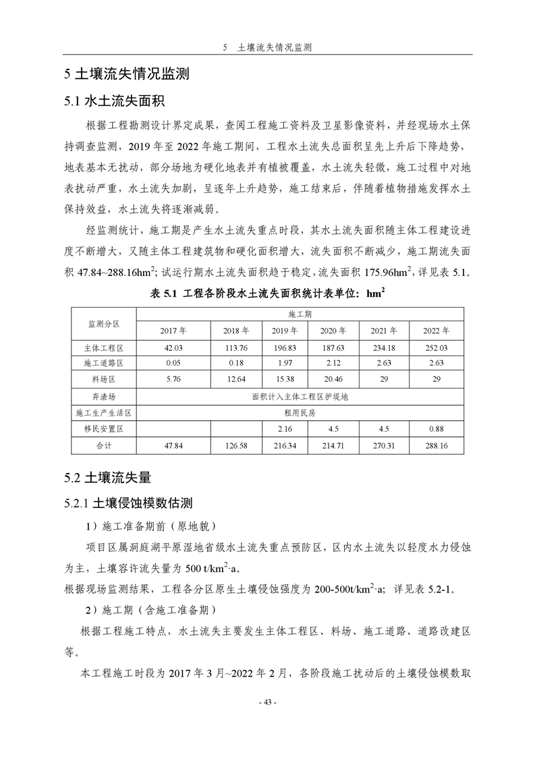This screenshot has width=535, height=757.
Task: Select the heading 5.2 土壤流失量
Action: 107,478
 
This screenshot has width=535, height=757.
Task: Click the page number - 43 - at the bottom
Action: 267,702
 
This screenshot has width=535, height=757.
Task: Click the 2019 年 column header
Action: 285,331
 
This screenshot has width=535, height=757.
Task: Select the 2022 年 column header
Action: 435,331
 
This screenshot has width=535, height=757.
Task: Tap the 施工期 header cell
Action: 300,314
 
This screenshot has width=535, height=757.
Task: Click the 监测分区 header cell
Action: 104,323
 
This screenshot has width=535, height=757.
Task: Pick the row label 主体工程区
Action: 104,347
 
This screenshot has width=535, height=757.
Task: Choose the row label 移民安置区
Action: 104,429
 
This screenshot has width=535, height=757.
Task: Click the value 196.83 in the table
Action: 285,347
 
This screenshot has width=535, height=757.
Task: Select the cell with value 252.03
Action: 435,347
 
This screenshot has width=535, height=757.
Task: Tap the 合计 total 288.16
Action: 435,446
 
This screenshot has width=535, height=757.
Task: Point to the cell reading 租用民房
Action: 300,413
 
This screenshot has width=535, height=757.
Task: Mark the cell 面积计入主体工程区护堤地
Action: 300,397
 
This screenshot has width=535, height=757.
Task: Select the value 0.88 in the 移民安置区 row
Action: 435,429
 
